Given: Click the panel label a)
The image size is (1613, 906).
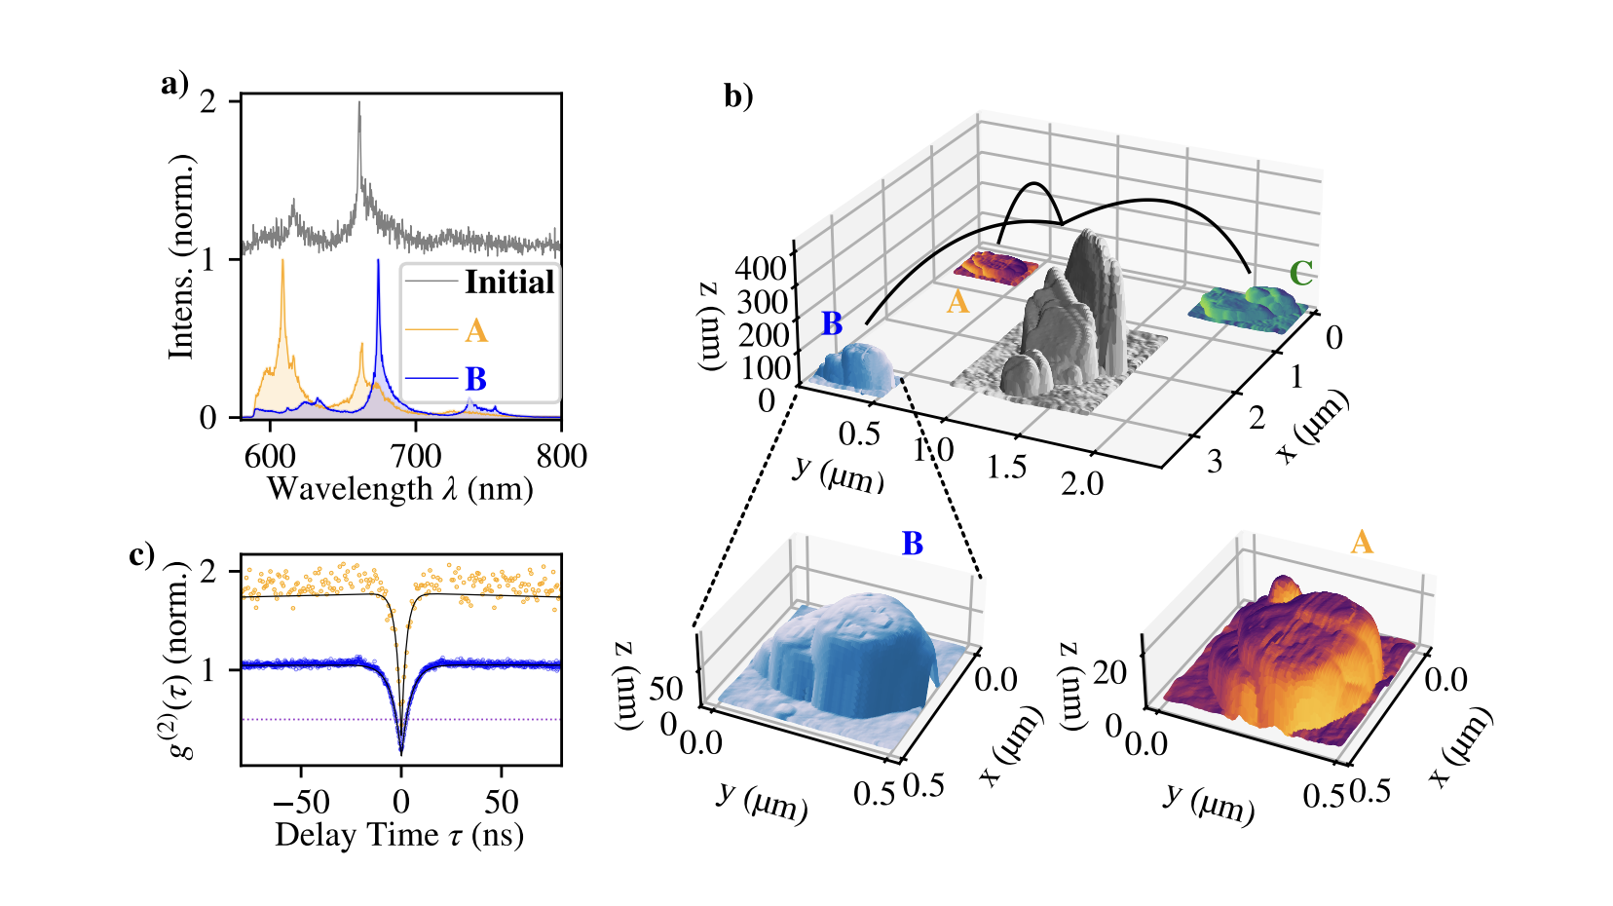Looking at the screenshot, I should click(174, 84).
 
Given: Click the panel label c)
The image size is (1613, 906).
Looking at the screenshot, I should click(141, 554).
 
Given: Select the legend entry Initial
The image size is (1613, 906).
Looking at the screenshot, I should click(508, 283).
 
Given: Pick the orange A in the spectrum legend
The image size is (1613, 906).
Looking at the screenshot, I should click(475, 331).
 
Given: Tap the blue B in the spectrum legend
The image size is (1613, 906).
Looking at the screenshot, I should click(475, 379).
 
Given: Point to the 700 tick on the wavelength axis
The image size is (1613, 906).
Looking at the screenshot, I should click(416, 456).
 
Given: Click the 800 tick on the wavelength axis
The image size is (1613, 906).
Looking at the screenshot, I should click(561, 456).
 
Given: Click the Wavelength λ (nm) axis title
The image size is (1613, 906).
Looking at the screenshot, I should click(399, 488).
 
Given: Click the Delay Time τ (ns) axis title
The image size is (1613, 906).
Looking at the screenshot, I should click(399, 835).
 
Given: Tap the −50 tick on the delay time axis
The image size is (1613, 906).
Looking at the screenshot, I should click(300, 802).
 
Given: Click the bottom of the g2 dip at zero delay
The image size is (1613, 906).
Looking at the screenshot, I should click(401, 750).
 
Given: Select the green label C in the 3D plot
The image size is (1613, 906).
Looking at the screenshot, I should click(1300, 274).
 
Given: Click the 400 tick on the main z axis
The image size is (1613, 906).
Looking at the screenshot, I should click(761, 268).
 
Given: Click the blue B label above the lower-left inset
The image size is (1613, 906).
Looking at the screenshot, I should click(912, 544).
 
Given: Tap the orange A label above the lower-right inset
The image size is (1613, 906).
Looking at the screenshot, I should click(1362, 542).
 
